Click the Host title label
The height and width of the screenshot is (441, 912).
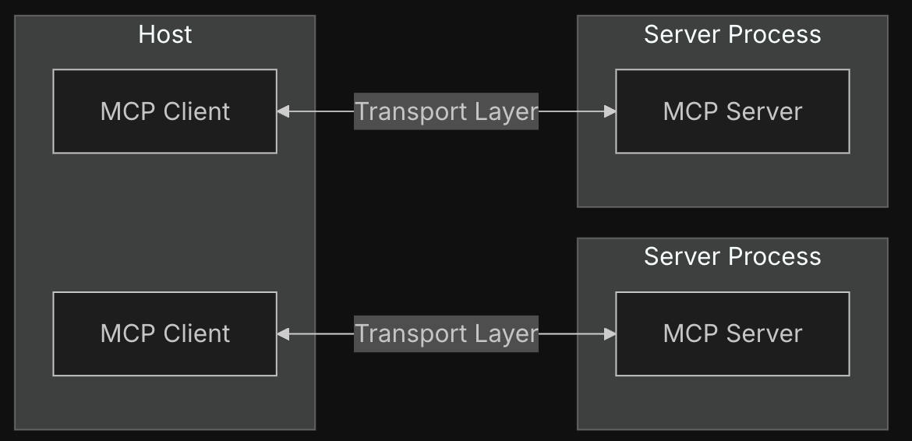[x=165, y=34]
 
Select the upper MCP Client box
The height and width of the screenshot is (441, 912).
[x=164, y=111]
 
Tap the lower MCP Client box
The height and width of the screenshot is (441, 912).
[x=164, y=334]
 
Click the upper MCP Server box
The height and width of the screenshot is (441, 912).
[x=732, y=111]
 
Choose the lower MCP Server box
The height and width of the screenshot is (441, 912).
[x=732, y=334]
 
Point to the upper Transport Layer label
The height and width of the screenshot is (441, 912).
[x=446, y=111]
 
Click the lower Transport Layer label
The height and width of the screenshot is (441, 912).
[x=446, y=334]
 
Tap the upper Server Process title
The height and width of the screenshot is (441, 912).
[x=732, y=34]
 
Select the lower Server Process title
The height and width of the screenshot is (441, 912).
[x=732, y=256]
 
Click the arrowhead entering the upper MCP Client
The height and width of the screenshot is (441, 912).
[x=283, y=111]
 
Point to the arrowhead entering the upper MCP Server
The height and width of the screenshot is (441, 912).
[x=610, y=111]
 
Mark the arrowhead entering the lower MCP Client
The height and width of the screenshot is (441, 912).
[x=283, y=334]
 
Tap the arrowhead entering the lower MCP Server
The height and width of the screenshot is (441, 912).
[x=610, y=334]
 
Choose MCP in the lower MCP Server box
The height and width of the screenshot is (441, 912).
[x=691, y=333]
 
